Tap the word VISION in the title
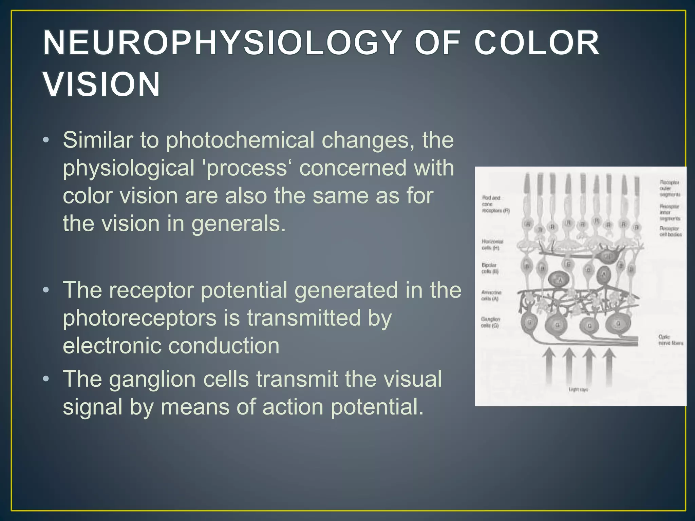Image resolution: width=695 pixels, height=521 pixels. point(102,84)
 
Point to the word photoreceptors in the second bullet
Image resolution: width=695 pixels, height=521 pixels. point(139,319)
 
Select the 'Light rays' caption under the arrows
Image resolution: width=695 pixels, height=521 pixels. point(578,390)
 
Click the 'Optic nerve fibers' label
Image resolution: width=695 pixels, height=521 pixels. point(670,340)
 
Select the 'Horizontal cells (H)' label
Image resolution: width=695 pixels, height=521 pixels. point(492,245)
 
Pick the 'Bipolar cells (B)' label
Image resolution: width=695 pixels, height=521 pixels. point(490,268)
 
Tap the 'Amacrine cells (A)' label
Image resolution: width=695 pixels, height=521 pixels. point(491,295)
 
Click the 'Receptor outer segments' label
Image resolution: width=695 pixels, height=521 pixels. point(670,189)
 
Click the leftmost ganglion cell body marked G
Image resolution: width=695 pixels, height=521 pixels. point(529,323)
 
